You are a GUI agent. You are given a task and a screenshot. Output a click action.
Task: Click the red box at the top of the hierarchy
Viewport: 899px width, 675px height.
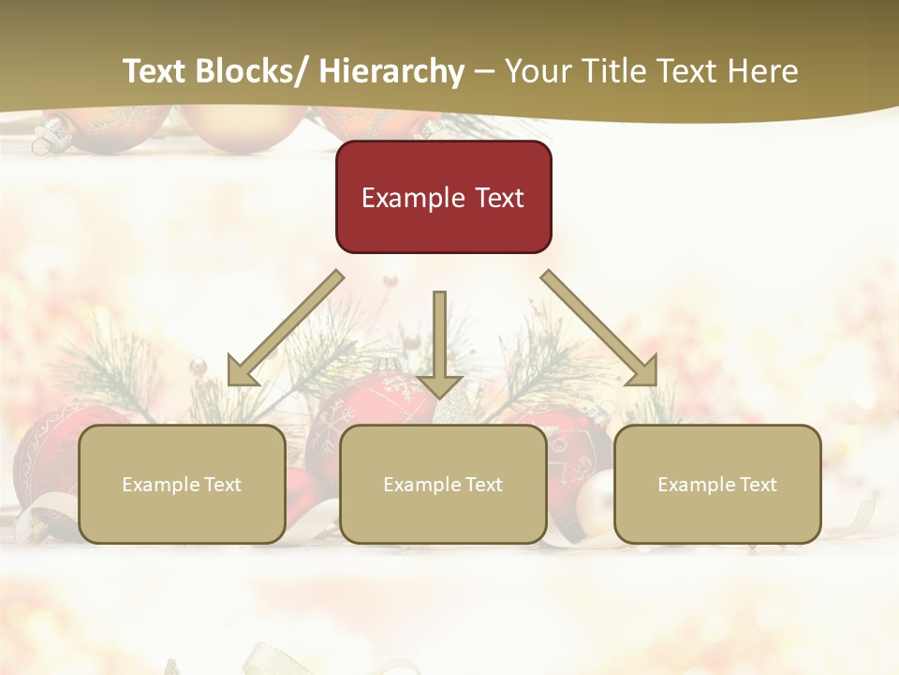[x=443, y=197]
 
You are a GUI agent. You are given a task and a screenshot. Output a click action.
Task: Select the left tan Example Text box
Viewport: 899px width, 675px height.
[x=182, y=484]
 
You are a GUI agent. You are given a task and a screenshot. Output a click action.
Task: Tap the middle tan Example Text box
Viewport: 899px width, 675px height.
[x=443, y=484]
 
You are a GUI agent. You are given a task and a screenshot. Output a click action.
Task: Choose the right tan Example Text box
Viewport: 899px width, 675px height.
[x=717, y=484]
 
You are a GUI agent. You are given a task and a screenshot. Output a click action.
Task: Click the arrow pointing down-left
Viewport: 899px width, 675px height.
[x=286, y=328]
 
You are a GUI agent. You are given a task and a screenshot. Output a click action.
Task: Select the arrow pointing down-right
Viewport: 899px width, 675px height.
[x=599, y=328]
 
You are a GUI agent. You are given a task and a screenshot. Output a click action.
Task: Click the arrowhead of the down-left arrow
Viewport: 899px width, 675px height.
[x=242, y=373]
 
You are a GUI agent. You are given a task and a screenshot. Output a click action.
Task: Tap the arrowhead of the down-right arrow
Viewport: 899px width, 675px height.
[x=643, y=373]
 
